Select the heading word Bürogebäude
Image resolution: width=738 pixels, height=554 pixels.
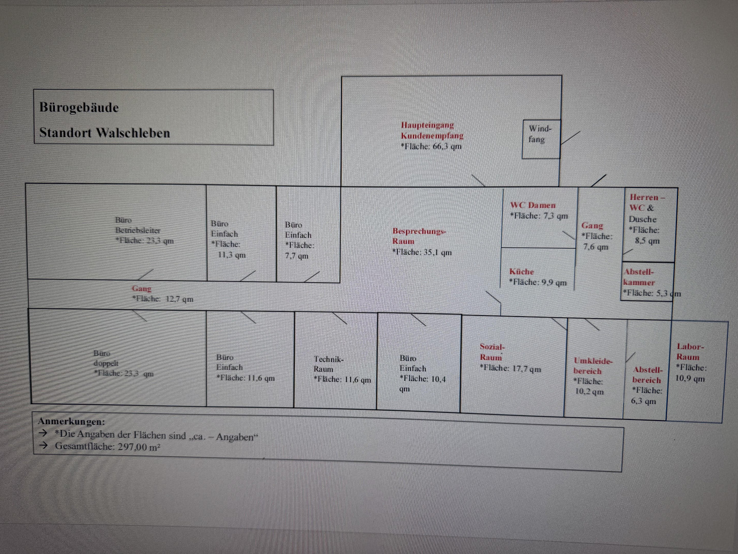(79, 108)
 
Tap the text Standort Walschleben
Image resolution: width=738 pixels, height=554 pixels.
(105, 133)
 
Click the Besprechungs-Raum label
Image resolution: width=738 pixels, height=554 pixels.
(419, 236)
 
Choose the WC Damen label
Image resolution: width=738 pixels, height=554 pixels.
(532, 205)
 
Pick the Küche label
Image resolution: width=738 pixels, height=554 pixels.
(522, 271)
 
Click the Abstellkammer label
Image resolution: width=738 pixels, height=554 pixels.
(639, 277)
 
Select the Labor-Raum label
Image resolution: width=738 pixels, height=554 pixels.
(690, 351)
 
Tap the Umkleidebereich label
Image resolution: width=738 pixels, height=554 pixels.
(593, 366)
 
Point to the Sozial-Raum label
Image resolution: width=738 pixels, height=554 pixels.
(492, 352)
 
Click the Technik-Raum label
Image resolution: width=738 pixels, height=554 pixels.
(329, 364)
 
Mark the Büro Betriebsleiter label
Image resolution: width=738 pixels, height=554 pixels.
(138, 225)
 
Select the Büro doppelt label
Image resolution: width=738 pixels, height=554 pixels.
(106, 358)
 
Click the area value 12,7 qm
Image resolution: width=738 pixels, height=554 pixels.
(179, 299)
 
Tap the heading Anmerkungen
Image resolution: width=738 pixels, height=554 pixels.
(71, 422)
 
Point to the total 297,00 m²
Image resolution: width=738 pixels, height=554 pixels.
(139, 447)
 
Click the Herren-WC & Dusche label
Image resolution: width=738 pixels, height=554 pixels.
(646, 208)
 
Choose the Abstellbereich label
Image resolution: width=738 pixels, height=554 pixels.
(647, 375)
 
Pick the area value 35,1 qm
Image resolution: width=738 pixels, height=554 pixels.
(438, 252)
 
